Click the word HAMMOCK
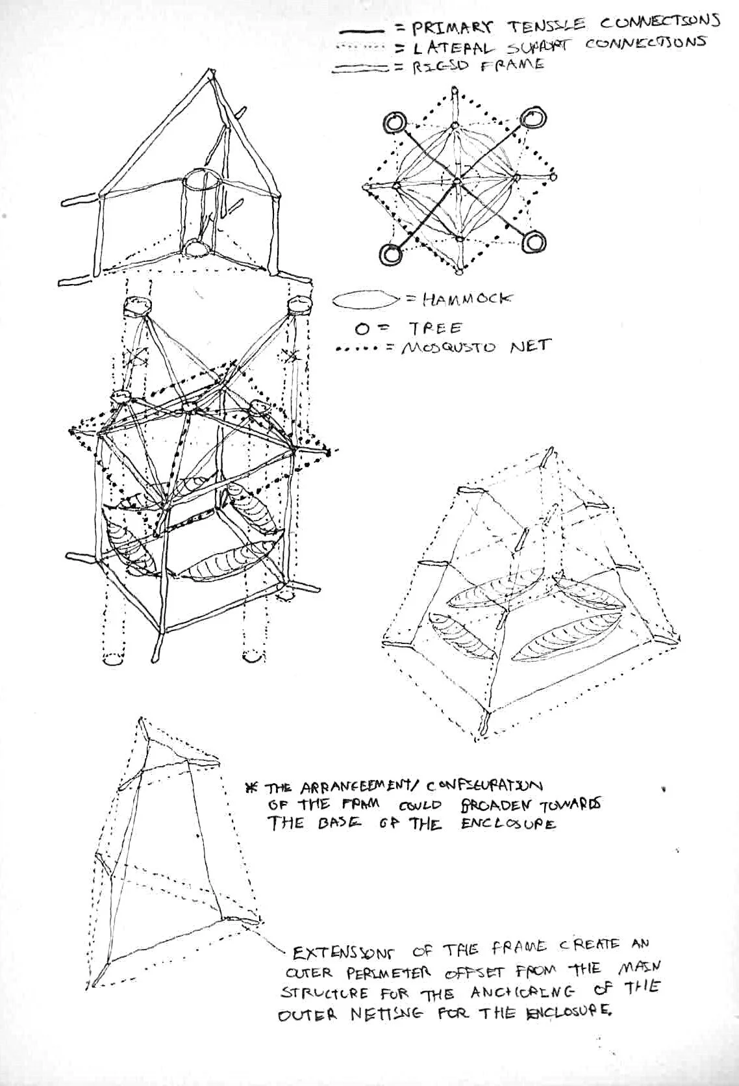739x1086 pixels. coord(467,299)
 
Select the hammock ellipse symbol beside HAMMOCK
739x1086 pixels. coord(366,300)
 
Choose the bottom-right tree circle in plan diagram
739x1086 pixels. coord(534,242)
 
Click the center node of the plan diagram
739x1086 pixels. coord(457,180)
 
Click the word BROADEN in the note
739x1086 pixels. coord(492,805)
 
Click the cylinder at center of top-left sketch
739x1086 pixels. coord(203,208)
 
